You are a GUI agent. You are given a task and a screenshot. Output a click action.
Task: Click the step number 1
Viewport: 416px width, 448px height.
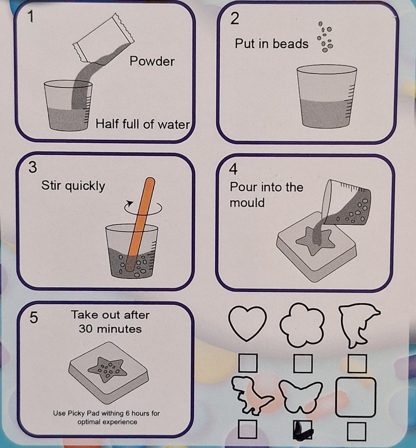tap(31, 16)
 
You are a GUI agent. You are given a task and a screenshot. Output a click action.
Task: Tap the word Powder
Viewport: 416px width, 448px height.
tap(152, 61)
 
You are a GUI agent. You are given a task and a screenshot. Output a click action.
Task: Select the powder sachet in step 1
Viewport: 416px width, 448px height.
tap(103, 38)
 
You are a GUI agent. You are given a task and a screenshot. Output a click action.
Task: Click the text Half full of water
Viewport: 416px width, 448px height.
tap(142, 124)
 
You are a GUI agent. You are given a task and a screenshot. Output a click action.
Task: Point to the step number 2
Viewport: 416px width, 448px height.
tap(235, 19)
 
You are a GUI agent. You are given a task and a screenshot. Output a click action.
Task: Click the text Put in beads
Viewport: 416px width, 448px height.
tap(272, 44)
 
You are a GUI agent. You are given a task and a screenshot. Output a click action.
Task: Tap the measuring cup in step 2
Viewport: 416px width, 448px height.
tap(326, 96)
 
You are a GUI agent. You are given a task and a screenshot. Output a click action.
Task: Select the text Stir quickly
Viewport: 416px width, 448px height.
tap(73, 186)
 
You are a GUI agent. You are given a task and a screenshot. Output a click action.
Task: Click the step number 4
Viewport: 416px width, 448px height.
tap(233, 169)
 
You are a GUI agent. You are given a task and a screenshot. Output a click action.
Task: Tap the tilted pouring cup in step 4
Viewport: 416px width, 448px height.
tap(346, 202)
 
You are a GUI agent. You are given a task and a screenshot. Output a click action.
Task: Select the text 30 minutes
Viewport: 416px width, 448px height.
tap(110, 329)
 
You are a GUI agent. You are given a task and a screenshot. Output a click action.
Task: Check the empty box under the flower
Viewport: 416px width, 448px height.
tap(303, 363)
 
